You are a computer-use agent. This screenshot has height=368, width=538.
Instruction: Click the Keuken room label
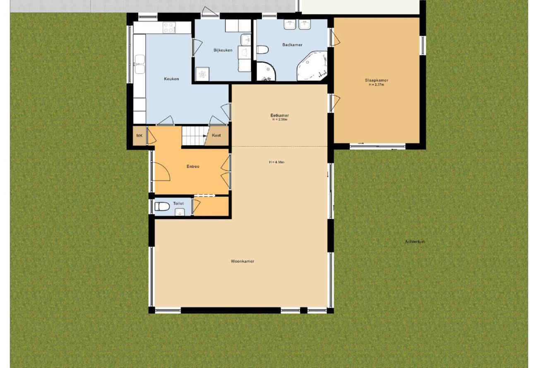(x=171, y=79)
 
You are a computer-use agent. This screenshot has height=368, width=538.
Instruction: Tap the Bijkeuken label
(x=223, y=50)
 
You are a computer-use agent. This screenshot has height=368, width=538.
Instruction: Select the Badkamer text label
(x=292, y=45)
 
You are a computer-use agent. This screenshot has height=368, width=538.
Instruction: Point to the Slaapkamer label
(x=377, y=80)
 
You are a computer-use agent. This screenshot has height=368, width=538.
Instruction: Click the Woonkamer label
(x=243, y=261)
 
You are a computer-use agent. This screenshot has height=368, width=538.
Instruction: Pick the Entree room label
(x=193, y=167)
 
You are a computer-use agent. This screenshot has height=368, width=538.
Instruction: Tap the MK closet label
(x=139, y=136)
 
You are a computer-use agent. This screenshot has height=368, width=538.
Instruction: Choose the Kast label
(x=216, y=135)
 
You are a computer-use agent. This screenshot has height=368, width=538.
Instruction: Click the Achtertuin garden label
(x=415, y=241)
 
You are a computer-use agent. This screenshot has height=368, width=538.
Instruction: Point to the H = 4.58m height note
(x=277, y=162)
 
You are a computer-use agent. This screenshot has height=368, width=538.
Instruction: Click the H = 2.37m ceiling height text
(x=376, y=85)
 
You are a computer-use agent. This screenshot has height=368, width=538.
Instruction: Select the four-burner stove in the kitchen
(x=169, y=27)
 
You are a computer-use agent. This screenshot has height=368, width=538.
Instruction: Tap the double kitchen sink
(x=140, y=64)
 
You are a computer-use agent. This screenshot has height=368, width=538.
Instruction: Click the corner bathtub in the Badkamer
(x=312, y=65)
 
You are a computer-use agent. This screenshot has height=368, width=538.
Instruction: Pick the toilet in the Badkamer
(x=262, y=50)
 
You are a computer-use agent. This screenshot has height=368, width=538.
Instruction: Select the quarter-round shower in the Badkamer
(x=266, y=72)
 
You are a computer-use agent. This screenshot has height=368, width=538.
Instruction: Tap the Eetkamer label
(x=280, y=116)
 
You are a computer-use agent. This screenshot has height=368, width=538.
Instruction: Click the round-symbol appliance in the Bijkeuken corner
(x=202, y=74)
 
